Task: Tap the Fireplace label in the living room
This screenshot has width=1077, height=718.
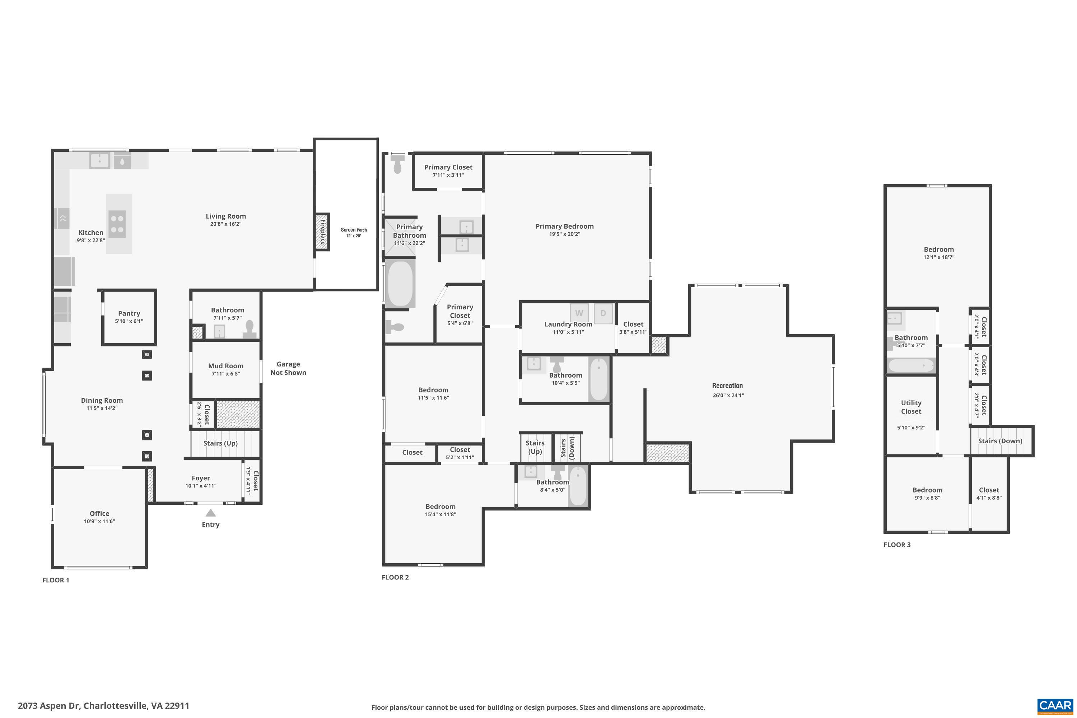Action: pos(322,231)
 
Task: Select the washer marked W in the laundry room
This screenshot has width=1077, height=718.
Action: pos(579,313)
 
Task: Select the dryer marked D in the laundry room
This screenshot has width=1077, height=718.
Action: pos(603,313)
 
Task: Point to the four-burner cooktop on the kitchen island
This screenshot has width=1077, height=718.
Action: pos(117,224)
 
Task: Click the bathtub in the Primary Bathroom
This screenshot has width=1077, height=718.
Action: pos(400,283)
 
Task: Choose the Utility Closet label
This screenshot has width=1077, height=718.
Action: pos(911,407)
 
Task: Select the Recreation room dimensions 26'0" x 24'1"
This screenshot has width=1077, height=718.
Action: pos(728,395)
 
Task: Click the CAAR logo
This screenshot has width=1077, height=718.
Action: pos(1055,706)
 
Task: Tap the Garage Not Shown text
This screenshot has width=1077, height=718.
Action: pos(288,368)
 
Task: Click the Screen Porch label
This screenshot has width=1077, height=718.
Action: pos(354,230)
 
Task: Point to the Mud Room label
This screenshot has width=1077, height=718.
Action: pos(226,366)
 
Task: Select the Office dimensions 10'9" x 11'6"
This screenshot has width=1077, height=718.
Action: pos(99,521)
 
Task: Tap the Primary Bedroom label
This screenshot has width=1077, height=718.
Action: pos(565,226)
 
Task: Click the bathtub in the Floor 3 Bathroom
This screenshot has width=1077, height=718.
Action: pos(911,365)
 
